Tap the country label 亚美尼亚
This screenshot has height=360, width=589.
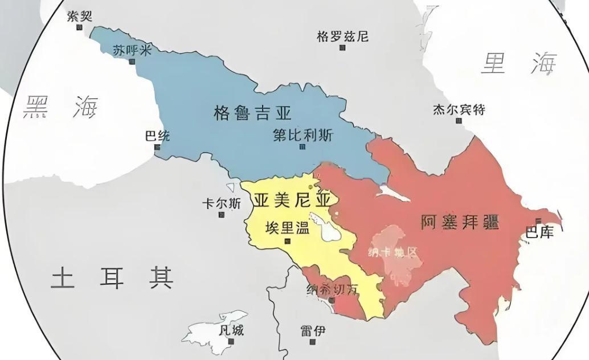292,199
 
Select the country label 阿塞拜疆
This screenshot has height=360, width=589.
460,222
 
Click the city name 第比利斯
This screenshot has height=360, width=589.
303,135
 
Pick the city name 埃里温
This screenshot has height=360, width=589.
287,228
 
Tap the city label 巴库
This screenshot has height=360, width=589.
539,232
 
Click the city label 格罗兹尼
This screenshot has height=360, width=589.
342,36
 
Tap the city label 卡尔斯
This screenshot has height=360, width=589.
222,203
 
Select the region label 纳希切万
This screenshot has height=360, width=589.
333,289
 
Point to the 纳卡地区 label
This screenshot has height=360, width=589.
393,251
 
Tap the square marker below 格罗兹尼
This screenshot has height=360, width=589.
342,48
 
